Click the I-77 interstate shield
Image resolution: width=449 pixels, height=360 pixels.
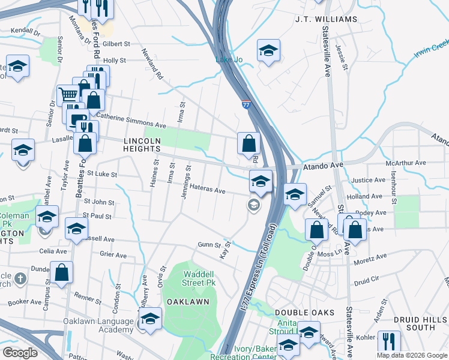246,105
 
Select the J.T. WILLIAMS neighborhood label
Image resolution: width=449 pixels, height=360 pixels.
326,19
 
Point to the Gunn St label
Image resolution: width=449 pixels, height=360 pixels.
209,245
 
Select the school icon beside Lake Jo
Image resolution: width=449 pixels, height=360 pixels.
268,50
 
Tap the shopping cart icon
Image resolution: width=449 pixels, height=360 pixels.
68,94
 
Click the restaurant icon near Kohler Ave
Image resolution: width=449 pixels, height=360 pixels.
388,341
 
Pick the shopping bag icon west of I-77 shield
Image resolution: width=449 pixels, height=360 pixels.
249,143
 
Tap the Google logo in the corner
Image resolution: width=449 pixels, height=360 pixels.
19,352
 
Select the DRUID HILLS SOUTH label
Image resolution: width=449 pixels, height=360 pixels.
420,323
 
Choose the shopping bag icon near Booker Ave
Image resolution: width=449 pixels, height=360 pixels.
61,272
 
